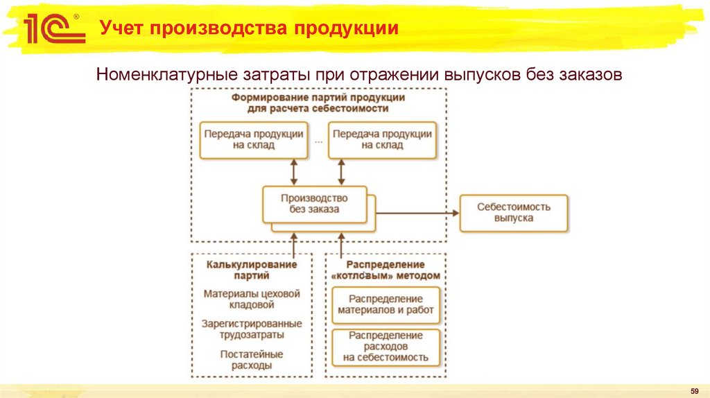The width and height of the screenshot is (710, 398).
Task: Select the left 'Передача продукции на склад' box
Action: (x=252, y=140)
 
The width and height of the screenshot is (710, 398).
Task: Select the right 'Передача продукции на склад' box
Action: (x=383, y=140)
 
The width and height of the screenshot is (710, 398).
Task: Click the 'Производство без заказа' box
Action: (x=315, y=204)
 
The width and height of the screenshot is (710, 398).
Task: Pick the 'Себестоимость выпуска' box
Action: (x=513, y=213)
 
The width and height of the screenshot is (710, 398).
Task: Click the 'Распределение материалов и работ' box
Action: (x=386, y=304)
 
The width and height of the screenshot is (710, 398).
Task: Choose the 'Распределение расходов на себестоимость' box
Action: (x=386, y=347)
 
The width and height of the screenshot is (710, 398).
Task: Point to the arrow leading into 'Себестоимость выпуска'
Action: (x=416, y=213)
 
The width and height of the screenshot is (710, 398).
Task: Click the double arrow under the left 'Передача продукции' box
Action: (x=294, y=171)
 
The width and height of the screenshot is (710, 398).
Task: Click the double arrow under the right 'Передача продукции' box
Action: (x=341, y=171)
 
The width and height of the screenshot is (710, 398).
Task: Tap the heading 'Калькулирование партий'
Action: (x=252, y=270)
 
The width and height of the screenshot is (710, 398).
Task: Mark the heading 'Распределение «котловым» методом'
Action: (x=386, y=270)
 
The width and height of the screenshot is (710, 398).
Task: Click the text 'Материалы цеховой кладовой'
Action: (x=252, y=299)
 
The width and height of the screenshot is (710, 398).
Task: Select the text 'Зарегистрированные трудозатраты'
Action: (x=252, y=329)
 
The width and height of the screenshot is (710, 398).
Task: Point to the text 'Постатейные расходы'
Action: (x=252, y=359)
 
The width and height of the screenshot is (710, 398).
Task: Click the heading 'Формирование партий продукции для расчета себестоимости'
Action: (x=318, y=103)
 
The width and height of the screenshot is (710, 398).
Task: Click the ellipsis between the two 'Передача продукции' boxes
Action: (x=318, y=141)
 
